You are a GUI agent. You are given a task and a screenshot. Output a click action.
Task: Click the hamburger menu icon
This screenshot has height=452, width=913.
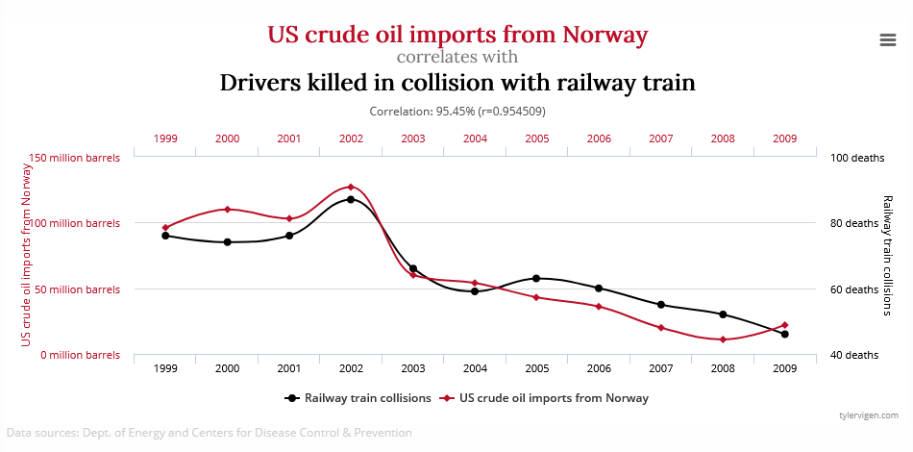coord(887,38)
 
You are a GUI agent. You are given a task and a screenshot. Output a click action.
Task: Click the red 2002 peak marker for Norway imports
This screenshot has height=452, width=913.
coord(351,187)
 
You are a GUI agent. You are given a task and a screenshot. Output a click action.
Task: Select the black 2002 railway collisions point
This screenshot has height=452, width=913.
coord(351,199)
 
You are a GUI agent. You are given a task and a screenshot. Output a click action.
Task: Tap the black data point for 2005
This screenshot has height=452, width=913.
coord(536,278)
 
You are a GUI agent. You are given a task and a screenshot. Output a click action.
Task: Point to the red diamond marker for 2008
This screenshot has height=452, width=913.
coord(723,339)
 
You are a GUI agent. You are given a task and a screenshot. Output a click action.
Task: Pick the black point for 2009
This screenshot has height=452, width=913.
coord(785,334)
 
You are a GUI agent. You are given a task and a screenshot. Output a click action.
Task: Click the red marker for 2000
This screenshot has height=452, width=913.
coord(227,209)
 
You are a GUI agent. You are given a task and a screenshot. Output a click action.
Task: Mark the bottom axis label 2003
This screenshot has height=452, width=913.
coord(413,368)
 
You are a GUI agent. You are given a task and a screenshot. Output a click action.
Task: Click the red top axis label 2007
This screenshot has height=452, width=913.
coord(660,138)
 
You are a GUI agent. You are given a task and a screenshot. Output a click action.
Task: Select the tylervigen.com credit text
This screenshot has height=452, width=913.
coord(868,414)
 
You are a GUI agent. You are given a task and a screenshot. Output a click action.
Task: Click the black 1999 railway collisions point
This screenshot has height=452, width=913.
coord(165,236)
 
